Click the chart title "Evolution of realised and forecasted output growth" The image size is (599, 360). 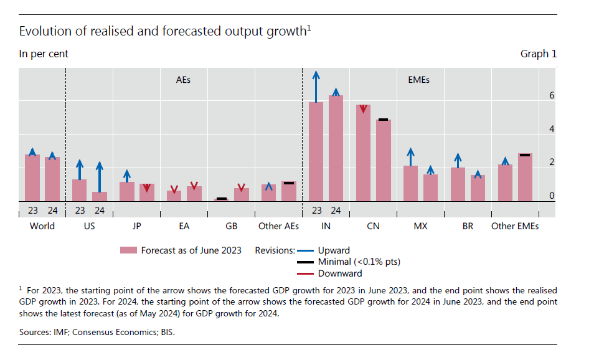point(163,31)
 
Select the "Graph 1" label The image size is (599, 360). point(539,54)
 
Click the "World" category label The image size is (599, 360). point(42,226)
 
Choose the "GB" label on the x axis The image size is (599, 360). point(232,226)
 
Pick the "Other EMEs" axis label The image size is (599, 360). point(515,226)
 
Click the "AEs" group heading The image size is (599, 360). point(184,80)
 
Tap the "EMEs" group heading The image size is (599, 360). point(419,80)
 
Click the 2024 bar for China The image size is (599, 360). point(384,160)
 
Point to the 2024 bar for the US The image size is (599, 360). point(100,196)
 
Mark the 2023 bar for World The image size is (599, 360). point(32,178)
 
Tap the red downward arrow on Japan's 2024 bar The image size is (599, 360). point(147,188)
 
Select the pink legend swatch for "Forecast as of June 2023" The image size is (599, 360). point(128,250)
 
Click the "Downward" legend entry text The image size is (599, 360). point(340,273)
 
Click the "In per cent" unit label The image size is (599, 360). point(44,54)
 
